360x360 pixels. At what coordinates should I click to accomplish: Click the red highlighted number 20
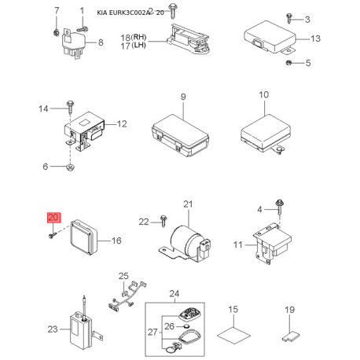(53, 218)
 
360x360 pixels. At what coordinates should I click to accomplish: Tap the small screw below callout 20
(53, 235)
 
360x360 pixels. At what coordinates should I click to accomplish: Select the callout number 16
(116, 241)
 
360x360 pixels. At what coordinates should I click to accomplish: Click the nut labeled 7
(56, 33)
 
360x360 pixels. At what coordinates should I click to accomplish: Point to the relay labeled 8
(74, 43)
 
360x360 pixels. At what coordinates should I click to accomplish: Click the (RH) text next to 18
(138, 37)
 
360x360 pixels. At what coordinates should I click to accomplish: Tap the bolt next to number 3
(289, 18)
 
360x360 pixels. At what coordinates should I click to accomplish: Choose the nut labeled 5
(288, 63)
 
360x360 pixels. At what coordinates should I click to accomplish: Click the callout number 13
(316, 39)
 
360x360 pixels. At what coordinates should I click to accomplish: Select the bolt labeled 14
(70, 107)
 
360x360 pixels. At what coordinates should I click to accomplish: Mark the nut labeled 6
(70, 167)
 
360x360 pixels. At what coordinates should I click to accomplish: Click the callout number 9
(183, 97)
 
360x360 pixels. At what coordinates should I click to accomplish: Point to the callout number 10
(264, 94)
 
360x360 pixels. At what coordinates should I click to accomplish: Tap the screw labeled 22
(163, 221)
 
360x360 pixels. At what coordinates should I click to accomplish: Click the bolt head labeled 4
(279, 203)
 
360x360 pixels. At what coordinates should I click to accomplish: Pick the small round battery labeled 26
(186, 326)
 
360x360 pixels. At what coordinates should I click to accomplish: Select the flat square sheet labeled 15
(233, 335)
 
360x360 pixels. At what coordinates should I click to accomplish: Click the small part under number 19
(291, 336)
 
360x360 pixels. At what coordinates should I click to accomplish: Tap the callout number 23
(53, 329)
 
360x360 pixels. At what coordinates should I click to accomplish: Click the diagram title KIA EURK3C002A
(123, 13)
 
